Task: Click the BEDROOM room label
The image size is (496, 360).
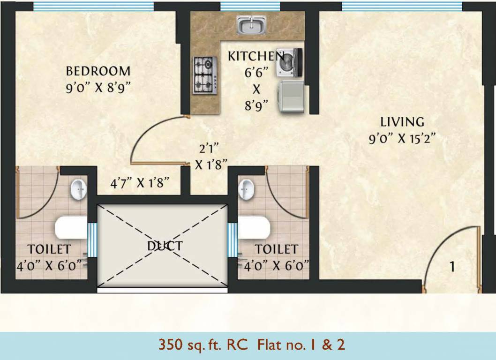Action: tap(98, 71)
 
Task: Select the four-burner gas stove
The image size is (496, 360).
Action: tap(205, 75)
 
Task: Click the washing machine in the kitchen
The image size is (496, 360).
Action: tap(290, 62)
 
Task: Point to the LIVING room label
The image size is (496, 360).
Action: tap(402, 122)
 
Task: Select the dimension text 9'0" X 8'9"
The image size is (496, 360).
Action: tap(98, 88)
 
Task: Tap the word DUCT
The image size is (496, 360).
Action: tap(165, 246)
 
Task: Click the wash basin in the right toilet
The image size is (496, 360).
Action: tap(246, 189)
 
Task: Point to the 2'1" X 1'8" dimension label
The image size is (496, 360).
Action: tap(211, 157)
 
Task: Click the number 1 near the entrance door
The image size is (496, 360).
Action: tap(452, 267)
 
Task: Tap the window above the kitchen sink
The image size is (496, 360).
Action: tap(250, 6)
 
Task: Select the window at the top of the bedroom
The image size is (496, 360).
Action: tap(93, 6)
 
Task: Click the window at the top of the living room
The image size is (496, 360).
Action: tap(402, 6)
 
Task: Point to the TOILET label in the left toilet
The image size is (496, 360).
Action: tap(49, 248)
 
